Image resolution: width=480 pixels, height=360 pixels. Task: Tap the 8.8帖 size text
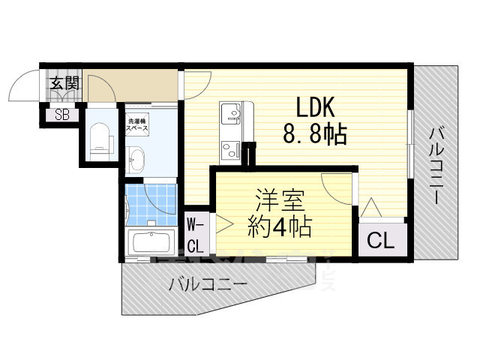314,135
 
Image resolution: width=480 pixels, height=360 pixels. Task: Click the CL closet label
381,241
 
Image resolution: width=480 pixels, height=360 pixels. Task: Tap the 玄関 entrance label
64,83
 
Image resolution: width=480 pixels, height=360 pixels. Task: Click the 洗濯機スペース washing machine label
137,125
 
